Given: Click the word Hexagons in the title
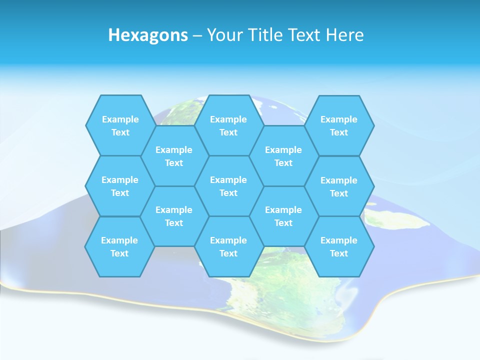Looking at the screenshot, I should click(148, 35).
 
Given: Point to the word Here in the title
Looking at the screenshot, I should click(344, 35).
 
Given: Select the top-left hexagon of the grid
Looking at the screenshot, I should click(120, 125).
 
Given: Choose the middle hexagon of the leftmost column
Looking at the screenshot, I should click(120, 186).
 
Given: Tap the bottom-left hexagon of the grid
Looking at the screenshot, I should click(119, 246).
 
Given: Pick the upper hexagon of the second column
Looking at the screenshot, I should click(174, 156).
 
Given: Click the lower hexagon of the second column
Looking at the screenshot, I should click(174, 216).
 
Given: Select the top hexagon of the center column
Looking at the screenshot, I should click(228, 125).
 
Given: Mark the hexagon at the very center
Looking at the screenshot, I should click(228, 186).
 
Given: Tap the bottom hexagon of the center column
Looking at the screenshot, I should click(228, 246).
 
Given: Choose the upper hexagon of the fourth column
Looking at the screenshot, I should click(283, 156).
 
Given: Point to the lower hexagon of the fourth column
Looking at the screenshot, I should click(283, 216).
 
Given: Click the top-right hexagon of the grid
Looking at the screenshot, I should click(339, 125).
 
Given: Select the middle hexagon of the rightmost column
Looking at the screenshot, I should click(339, 186).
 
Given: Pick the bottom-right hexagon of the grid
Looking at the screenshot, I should click(339, 246).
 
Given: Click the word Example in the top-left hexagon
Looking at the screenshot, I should click(120, 119).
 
